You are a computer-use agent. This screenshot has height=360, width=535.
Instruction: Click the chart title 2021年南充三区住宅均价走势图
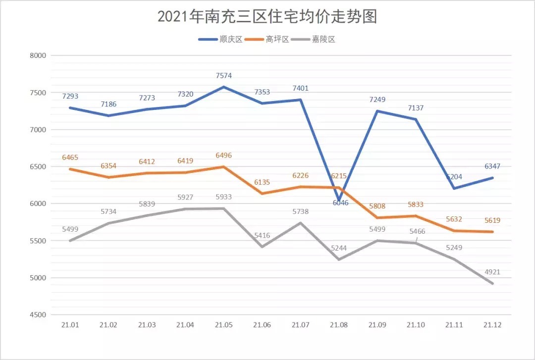point(267,16)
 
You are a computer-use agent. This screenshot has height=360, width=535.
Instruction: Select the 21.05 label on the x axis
point(223,325)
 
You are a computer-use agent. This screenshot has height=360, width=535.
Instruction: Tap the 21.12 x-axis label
point(492,325)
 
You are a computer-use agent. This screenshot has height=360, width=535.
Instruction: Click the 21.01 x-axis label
point(70,325)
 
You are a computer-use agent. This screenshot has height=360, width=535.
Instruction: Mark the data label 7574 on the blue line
point(223,76)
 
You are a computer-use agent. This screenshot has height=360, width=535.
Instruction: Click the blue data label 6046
point(340,203)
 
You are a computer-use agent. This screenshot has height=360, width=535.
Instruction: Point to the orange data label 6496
point(223,155)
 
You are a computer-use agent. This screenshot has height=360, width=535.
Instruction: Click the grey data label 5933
point(223,197)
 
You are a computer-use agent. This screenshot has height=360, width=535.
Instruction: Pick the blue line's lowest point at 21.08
point(339,201)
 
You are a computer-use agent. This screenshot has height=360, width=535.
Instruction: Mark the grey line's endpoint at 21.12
point(492,284)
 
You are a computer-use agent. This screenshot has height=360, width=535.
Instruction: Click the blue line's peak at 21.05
point(223,87)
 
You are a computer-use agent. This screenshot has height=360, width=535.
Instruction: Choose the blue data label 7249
point(377,100)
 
